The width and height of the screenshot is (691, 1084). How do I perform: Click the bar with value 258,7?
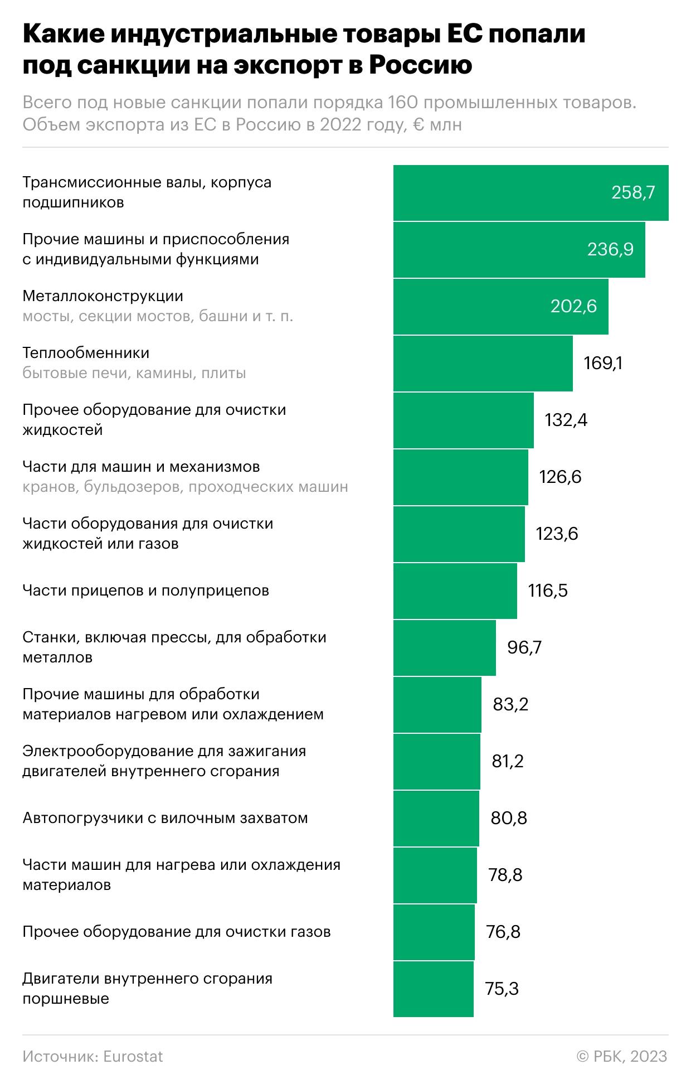[531, 193]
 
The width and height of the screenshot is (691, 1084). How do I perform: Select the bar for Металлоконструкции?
[501, 307]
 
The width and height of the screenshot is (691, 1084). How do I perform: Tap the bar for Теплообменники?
[483, 364]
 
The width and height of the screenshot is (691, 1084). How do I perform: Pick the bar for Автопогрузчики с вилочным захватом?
[436, 819]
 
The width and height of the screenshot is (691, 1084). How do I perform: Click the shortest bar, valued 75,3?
[434, 989]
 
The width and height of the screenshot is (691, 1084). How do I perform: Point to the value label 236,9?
[610, 249]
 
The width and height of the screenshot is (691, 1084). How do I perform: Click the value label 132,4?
[566, 420]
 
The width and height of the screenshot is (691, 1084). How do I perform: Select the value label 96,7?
[524, 647]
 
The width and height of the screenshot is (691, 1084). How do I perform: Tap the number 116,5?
[548, 591]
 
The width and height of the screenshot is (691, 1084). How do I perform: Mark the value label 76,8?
[503, 932]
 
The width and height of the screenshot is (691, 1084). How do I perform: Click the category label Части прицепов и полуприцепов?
[146, 591]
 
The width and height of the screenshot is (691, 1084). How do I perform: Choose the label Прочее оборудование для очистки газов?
[177, 932]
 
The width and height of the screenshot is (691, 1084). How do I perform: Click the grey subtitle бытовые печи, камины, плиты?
[134, 373]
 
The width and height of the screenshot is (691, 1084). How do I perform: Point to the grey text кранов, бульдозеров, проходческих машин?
[186, 487]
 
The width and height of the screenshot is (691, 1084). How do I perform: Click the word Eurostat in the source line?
[133, 1057]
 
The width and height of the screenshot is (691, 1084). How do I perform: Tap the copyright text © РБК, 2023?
[622, 1057]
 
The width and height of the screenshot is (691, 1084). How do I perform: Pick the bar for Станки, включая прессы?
[445, 648]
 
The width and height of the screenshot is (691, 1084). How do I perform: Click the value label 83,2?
[510, 704]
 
